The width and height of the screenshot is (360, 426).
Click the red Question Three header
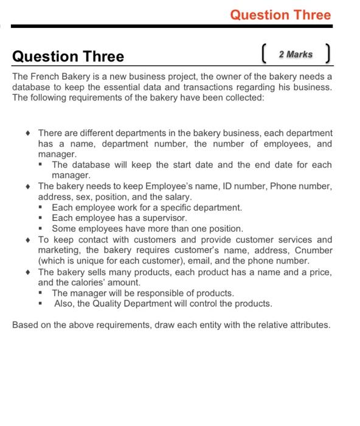coord(280,15)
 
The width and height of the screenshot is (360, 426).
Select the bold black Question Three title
coord(68,57)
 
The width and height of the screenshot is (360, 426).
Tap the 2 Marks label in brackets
coord(296,55)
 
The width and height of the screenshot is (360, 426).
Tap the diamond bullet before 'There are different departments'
coord(28,133)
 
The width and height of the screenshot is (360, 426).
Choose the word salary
coord(176,197)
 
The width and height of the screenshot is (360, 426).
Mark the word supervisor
coord(164,218)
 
